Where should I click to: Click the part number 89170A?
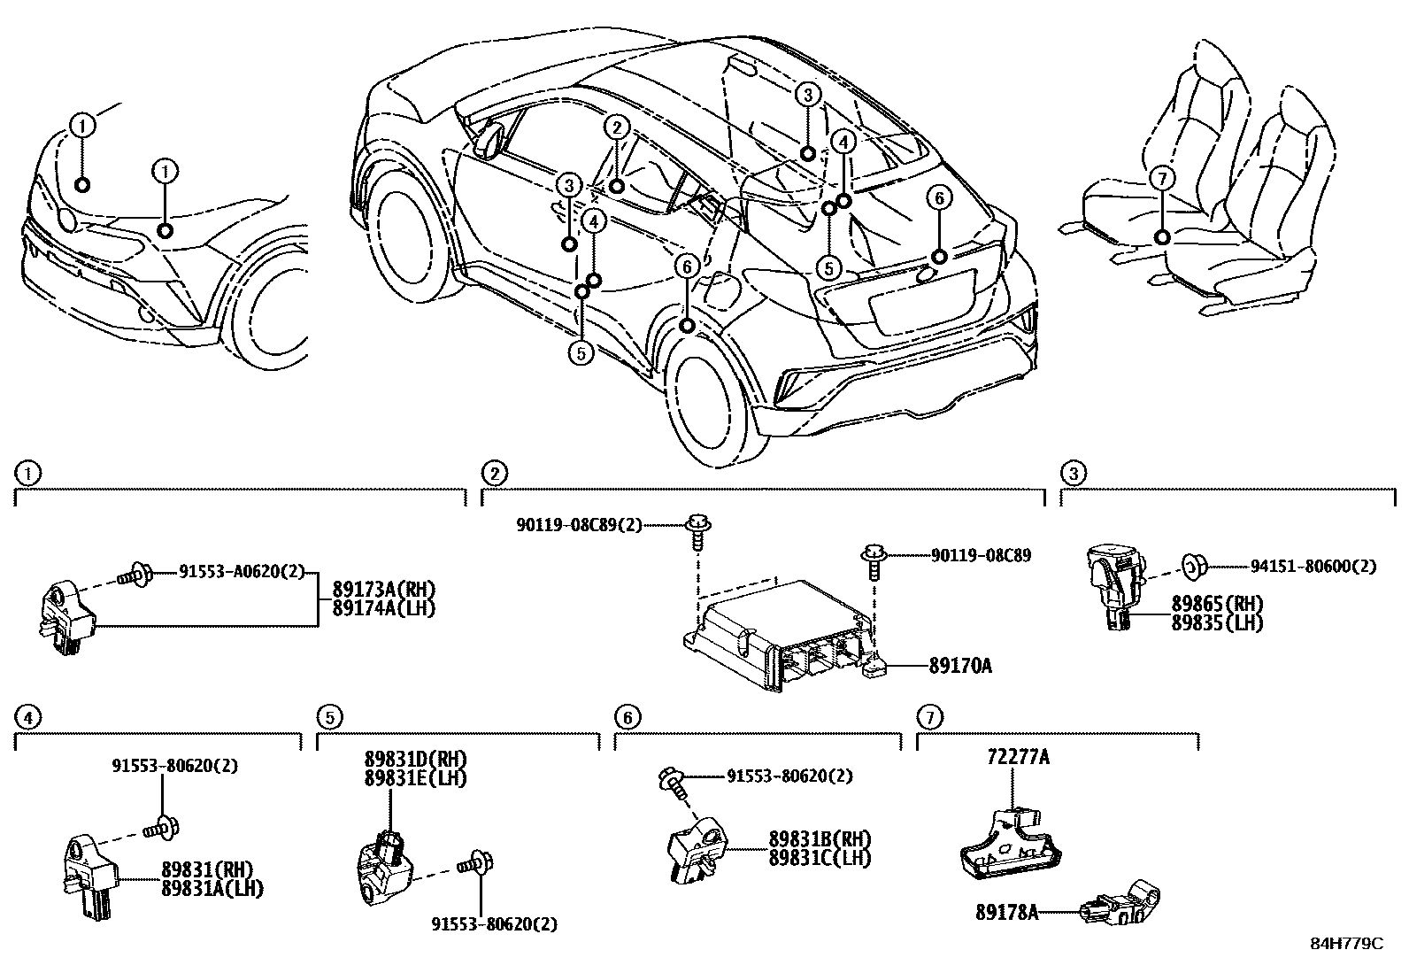[x=959, y=665]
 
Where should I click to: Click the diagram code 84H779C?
[x=1345, y=944]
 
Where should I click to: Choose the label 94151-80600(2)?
[x=1313, y=567]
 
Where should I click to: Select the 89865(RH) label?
[x=1217, y=605]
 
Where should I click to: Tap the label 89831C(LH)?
[x=820, y=857]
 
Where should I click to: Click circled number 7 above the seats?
[x=1160, y=179]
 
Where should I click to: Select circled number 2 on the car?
[x=617, y=127]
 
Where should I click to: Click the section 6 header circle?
[x=626, y=716]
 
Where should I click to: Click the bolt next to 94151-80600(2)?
[x=1192, y=565]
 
